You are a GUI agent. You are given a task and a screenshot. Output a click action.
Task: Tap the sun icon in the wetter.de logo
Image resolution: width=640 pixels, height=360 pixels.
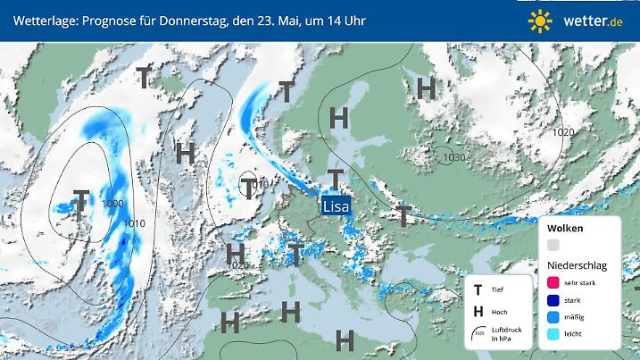click(540, 20)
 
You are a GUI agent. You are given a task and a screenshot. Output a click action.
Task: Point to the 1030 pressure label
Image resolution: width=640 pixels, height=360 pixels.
click(454, 157)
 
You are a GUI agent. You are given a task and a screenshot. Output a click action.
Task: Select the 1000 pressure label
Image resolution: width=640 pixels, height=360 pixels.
click(112, 205)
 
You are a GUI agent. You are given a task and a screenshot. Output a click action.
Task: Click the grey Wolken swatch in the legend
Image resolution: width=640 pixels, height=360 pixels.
click(553, 245)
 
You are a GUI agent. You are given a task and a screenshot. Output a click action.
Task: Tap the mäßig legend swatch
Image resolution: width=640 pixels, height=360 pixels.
click(553, 317)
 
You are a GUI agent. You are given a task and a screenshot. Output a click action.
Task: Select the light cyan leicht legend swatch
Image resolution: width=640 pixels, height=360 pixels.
click(553, 335)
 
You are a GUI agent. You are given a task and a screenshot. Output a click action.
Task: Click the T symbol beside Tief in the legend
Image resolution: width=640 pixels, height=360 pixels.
click(478, 289)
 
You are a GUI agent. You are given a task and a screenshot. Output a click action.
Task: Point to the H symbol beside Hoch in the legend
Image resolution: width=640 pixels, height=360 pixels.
click(478, 311)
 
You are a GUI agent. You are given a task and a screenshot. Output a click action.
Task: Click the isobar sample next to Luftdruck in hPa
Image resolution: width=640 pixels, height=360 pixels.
click(478, 332)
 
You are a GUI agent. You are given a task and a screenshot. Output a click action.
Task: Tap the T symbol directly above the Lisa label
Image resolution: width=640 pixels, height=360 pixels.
click(335, 179)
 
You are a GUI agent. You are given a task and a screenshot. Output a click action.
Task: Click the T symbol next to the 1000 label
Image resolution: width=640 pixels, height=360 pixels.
click(80, 205)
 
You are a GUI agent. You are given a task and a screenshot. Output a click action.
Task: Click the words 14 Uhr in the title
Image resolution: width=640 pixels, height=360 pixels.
click(344, 20)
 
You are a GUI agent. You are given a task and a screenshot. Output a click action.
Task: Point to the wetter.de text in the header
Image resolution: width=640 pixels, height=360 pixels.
click(593, 20)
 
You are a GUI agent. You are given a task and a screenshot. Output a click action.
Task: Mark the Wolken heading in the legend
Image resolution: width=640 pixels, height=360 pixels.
click(565, 229)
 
